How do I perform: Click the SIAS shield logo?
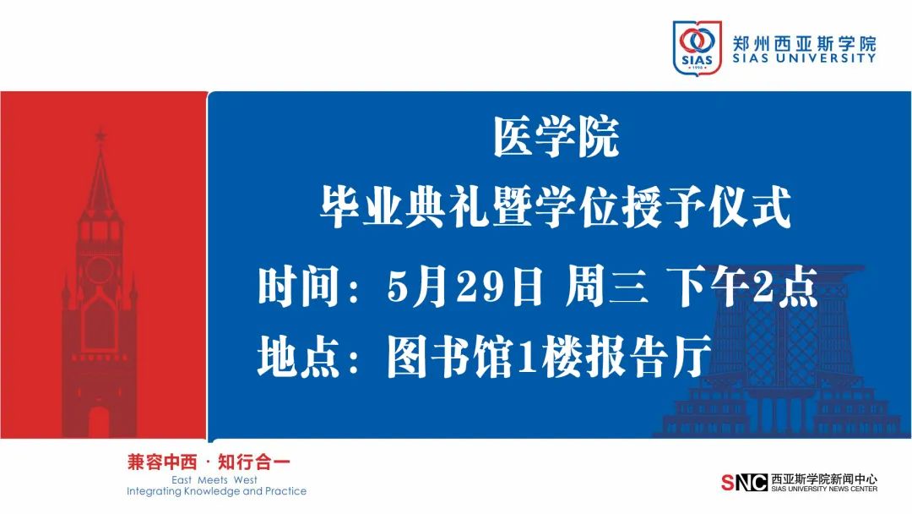coord(697,46)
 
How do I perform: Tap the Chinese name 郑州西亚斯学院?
coord(805,43)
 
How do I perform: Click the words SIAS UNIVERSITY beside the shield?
coord(805,58)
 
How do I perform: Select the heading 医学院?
coord(556,138)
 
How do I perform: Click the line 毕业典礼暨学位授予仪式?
coord(556,206)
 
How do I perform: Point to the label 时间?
coord(299,286)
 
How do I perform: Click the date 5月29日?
coord(464,286)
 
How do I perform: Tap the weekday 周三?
coord(606,286)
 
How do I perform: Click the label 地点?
coord(299,355)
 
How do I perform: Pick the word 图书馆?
coord(449,355)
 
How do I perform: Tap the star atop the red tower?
coord(100,135)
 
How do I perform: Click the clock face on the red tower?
coord(100,270)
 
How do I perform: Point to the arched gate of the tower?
coord(99,422)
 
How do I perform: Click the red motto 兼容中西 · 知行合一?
coord(209,462)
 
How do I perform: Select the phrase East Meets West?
coord(214,480)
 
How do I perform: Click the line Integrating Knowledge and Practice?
coord(216,491)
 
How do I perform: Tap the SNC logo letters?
coord(745,483)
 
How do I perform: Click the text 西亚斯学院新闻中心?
coord(824,479)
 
